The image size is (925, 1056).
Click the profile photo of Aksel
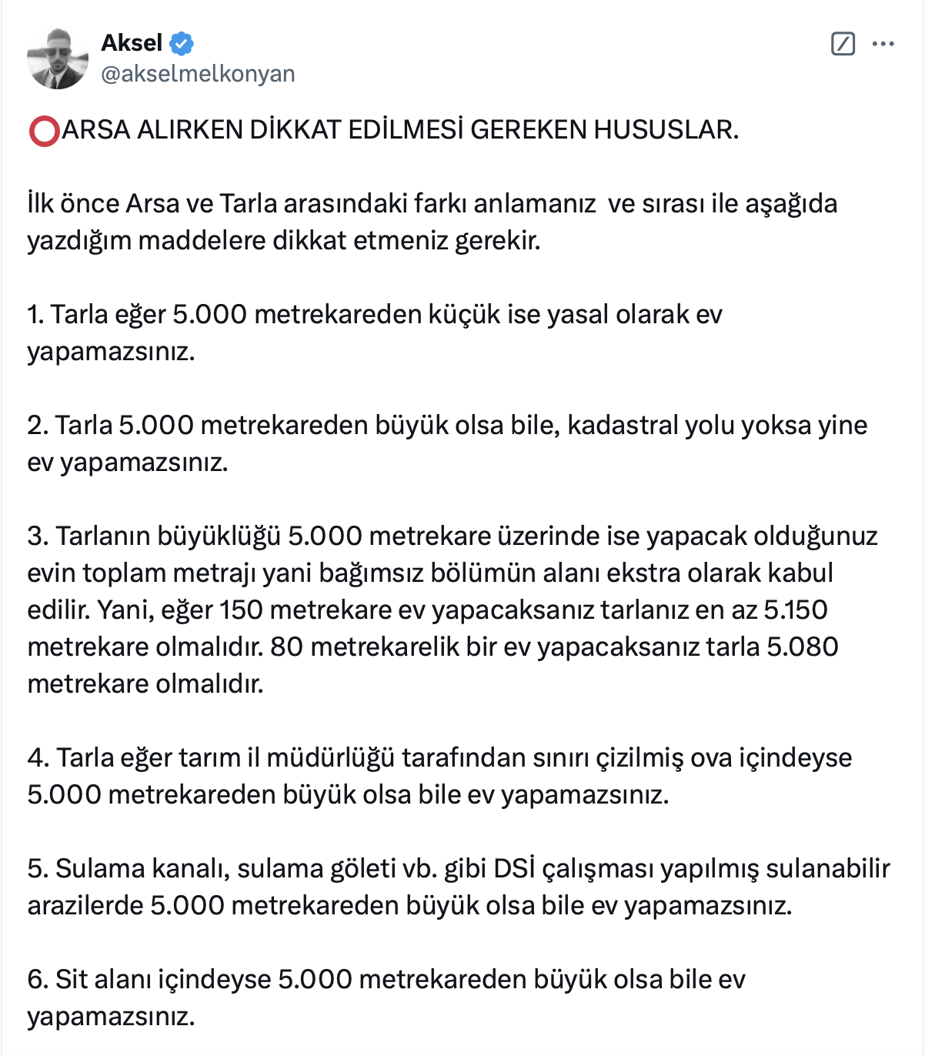58,58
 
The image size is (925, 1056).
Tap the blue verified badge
182,43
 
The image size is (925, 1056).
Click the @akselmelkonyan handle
198,74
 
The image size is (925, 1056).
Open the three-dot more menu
883,44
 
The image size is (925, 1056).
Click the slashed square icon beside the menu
843,44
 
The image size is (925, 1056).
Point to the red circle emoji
44,131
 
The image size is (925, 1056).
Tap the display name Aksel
132,43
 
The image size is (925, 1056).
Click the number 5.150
795,610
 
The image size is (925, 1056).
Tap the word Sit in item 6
72,979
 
